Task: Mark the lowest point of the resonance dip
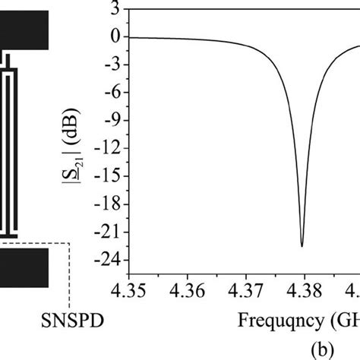coord(302,246)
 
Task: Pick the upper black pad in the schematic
coord(24,28)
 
